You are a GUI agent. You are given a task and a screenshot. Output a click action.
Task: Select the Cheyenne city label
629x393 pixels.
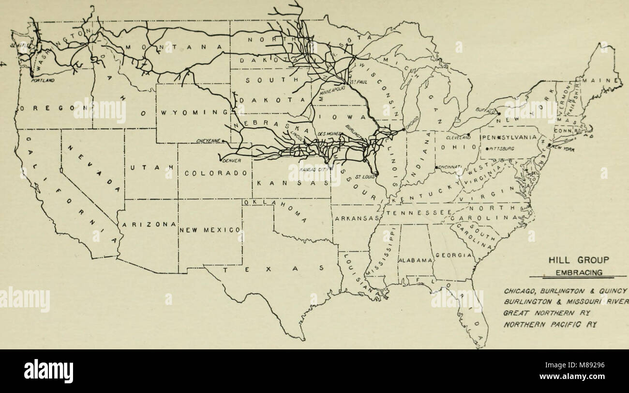209,141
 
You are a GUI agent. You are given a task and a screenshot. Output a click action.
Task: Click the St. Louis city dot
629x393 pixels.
377,173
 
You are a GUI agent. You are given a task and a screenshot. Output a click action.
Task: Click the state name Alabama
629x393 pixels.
415,260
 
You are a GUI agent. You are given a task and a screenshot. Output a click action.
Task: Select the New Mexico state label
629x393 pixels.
210,230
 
